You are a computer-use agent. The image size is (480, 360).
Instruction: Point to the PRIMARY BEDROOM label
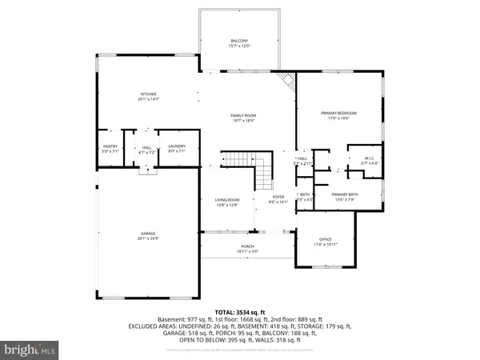click(338, 114)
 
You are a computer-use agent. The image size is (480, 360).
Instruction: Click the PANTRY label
click(110, 146)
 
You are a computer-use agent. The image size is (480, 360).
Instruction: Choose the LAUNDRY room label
click(177, 146)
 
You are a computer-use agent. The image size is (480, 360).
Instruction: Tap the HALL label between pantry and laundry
click(146, 146)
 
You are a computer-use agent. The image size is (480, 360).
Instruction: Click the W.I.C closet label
click(370, 158)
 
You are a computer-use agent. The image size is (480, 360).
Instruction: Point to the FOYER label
click(278, 197)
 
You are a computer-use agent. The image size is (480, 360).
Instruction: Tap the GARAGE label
click(147, 234)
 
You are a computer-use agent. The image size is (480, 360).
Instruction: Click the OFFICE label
click(325, 239)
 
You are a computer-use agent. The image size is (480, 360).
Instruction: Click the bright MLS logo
click(31, 349)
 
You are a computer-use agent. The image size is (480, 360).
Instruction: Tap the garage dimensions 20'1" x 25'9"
click(147, 238)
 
